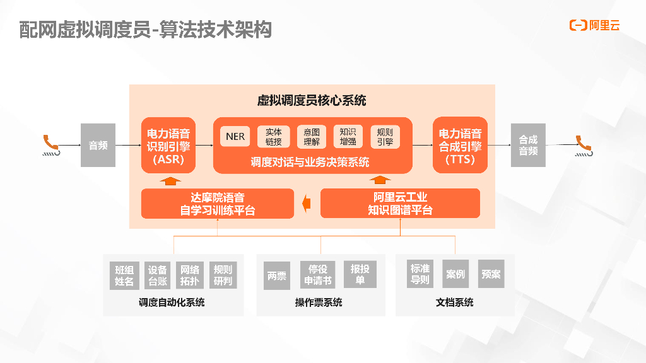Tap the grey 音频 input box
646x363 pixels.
(98, 146)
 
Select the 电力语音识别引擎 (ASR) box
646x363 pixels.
(168, 146)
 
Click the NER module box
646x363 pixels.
(235, 137)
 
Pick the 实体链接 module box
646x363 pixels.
(274, 137)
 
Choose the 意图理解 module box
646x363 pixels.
(312, 137)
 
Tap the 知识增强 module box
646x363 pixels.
(348, 137)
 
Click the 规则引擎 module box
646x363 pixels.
(385, 137)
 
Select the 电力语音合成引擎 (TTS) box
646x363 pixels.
(460, 146)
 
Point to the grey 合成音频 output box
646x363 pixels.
(528, 146)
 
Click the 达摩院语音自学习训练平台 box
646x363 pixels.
(218, 204)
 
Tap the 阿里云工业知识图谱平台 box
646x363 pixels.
(400, 204)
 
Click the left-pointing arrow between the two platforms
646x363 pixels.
(307, 203)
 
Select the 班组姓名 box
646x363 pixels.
(124, 275)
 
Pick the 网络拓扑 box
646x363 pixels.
(190, 275)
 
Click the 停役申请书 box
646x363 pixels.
(318, 275)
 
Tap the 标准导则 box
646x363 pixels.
(420, 274)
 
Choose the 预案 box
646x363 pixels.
(491, 274)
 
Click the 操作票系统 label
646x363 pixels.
(319, 302)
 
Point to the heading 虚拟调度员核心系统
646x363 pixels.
(312, 100)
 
